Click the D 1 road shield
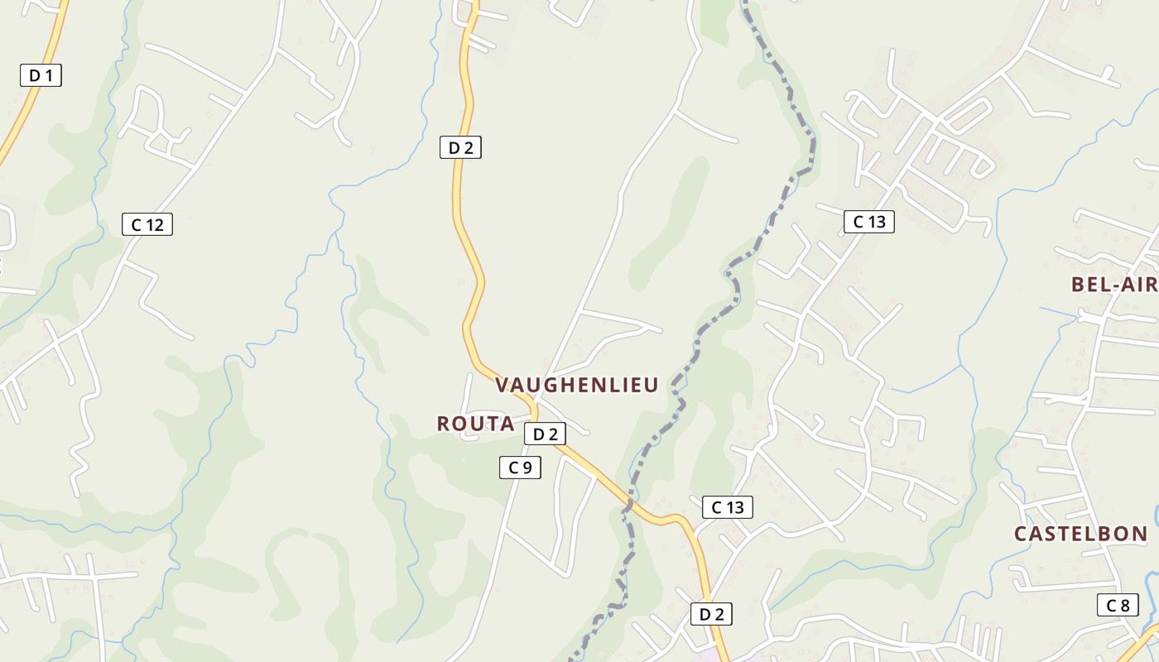pos(41,75)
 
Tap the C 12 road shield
pos(147,224)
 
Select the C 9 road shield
pos(520,468)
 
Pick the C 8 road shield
pos(1118,605)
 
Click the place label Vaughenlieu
pos(576,385)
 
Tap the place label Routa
pos(475,424)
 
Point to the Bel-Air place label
pos(1114,285)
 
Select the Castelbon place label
pos(1080,534)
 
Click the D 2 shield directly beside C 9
pos(545,434)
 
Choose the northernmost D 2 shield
pos(460,148)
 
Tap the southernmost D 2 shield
pos(711,614)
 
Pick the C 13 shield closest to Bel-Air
pos(869,222)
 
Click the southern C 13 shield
pos(728,507)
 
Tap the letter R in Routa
pos(444,424)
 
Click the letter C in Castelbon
pos(1022,534)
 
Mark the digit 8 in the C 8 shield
pos(1123,605)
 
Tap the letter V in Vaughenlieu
pos(502,385)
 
